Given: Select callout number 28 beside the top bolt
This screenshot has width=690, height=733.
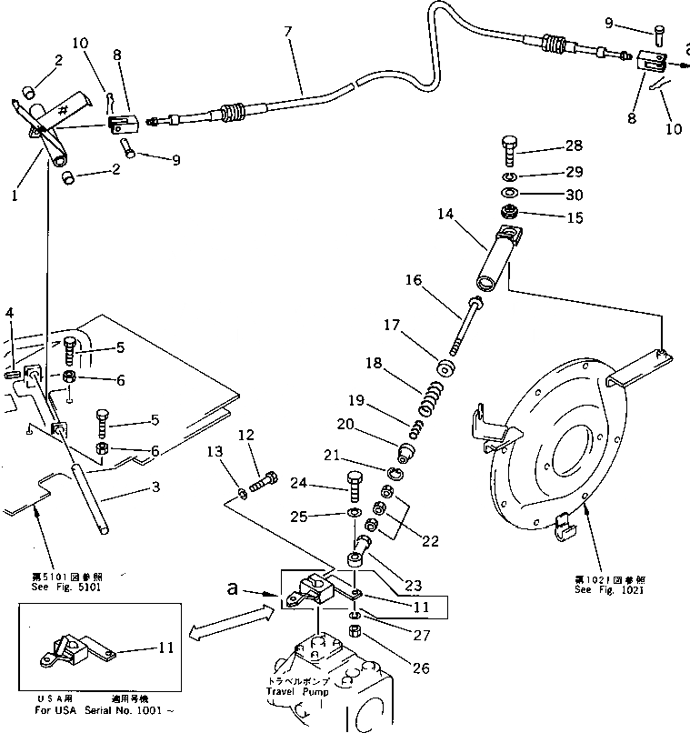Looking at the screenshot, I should (x=573, y=146).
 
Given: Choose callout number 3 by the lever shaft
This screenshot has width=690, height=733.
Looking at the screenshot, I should (x=155, y=488).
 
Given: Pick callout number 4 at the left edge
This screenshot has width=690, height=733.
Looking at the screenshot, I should (x=9, y=314).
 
